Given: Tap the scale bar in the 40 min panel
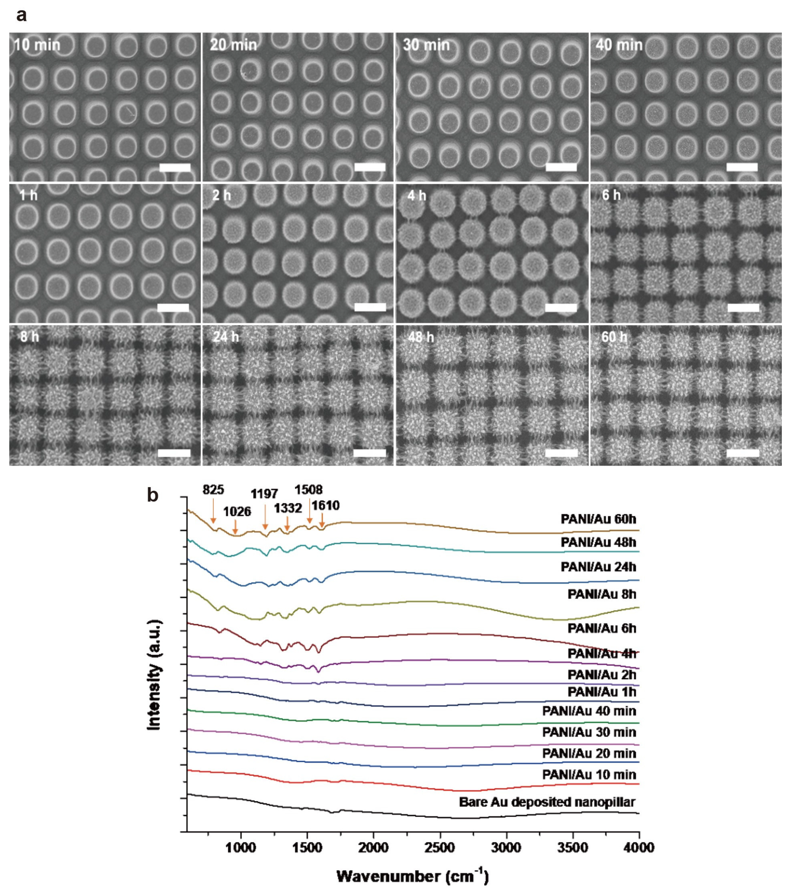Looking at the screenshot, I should point(742,167).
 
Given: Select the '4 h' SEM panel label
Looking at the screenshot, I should point(416,195).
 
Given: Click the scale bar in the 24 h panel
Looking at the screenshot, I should point(370,453).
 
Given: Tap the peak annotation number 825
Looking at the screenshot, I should point(213,490).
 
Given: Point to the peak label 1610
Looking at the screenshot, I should point(326,506).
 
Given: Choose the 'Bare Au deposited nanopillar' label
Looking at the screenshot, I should point(547,802).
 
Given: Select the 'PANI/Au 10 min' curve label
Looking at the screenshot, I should point(589,775).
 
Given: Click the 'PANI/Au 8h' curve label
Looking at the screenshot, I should point(601,594).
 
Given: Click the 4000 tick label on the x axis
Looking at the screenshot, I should point(639,848).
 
